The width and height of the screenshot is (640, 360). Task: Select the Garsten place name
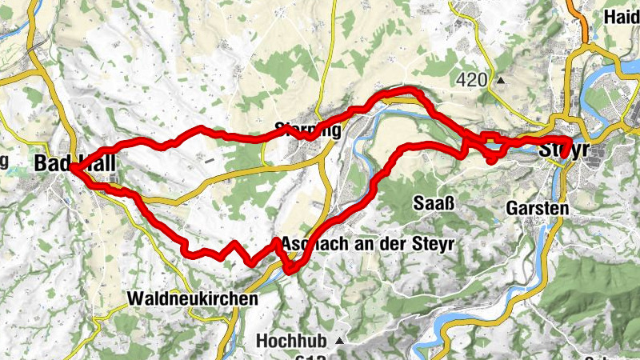(x=537, y=208)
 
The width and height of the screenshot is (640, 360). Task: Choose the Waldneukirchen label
(x=193, y=298)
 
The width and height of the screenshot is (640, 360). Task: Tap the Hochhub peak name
(x=292, y=341)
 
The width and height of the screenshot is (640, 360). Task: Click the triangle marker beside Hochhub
(x=339, y=341)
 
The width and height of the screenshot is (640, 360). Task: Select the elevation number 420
(x=472, y=79)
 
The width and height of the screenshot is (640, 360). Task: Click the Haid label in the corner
(x=622, y=17)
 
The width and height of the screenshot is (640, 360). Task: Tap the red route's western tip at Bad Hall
(x=72, y=168)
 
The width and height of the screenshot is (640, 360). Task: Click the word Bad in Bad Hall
(x=50, y=163)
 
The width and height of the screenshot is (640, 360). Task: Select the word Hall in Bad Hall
(x=98, y=163)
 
